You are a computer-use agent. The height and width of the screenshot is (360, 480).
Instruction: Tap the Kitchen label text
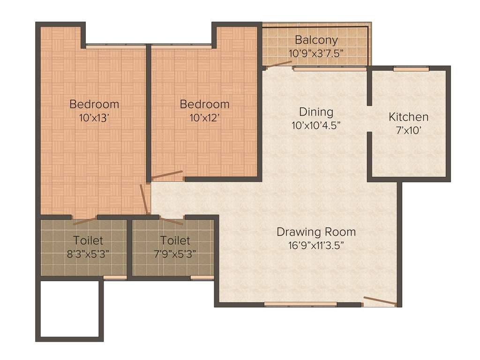coord(408,117)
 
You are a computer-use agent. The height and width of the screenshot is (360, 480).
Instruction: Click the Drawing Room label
coord(316,232)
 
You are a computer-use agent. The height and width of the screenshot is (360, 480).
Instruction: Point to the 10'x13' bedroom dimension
coord(94,118)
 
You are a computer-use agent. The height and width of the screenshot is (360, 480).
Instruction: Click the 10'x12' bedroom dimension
coord(204,118)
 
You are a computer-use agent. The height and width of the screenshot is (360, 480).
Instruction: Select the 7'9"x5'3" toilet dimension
coord(175,255)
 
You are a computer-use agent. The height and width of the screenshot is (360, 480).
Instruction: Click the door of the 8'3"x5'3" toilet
coord(85,221)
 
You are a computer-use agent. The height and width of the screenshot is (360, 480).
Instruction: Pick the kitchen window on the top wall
coord(411,69)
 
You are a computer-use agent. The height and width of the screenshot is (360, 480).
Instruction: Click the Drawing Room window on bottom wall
coord(300,304)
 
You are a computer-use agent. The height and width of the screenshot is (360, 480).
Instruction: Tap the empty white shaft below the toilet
coord(69,308)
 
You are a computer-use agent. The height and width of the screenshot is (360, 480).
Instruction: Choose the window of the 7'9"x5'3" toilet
coord(202,277)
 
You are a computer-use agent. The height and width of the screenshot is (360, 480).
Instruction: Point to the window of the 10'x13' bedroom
coord(116,46)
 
